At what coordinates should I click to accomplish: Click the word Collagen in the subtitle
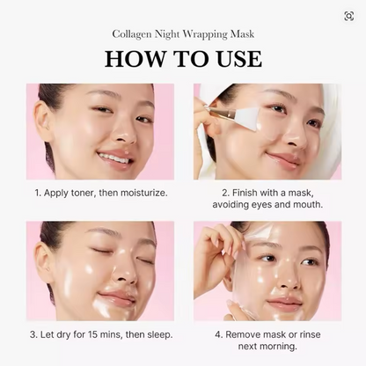(133, 34)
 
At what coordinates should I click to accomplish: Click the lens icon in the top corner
(349, 16)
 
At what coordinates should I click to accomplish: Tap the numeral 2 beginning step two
(224, 192)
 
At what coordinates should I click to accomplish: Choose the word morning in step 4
(277, 347)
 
